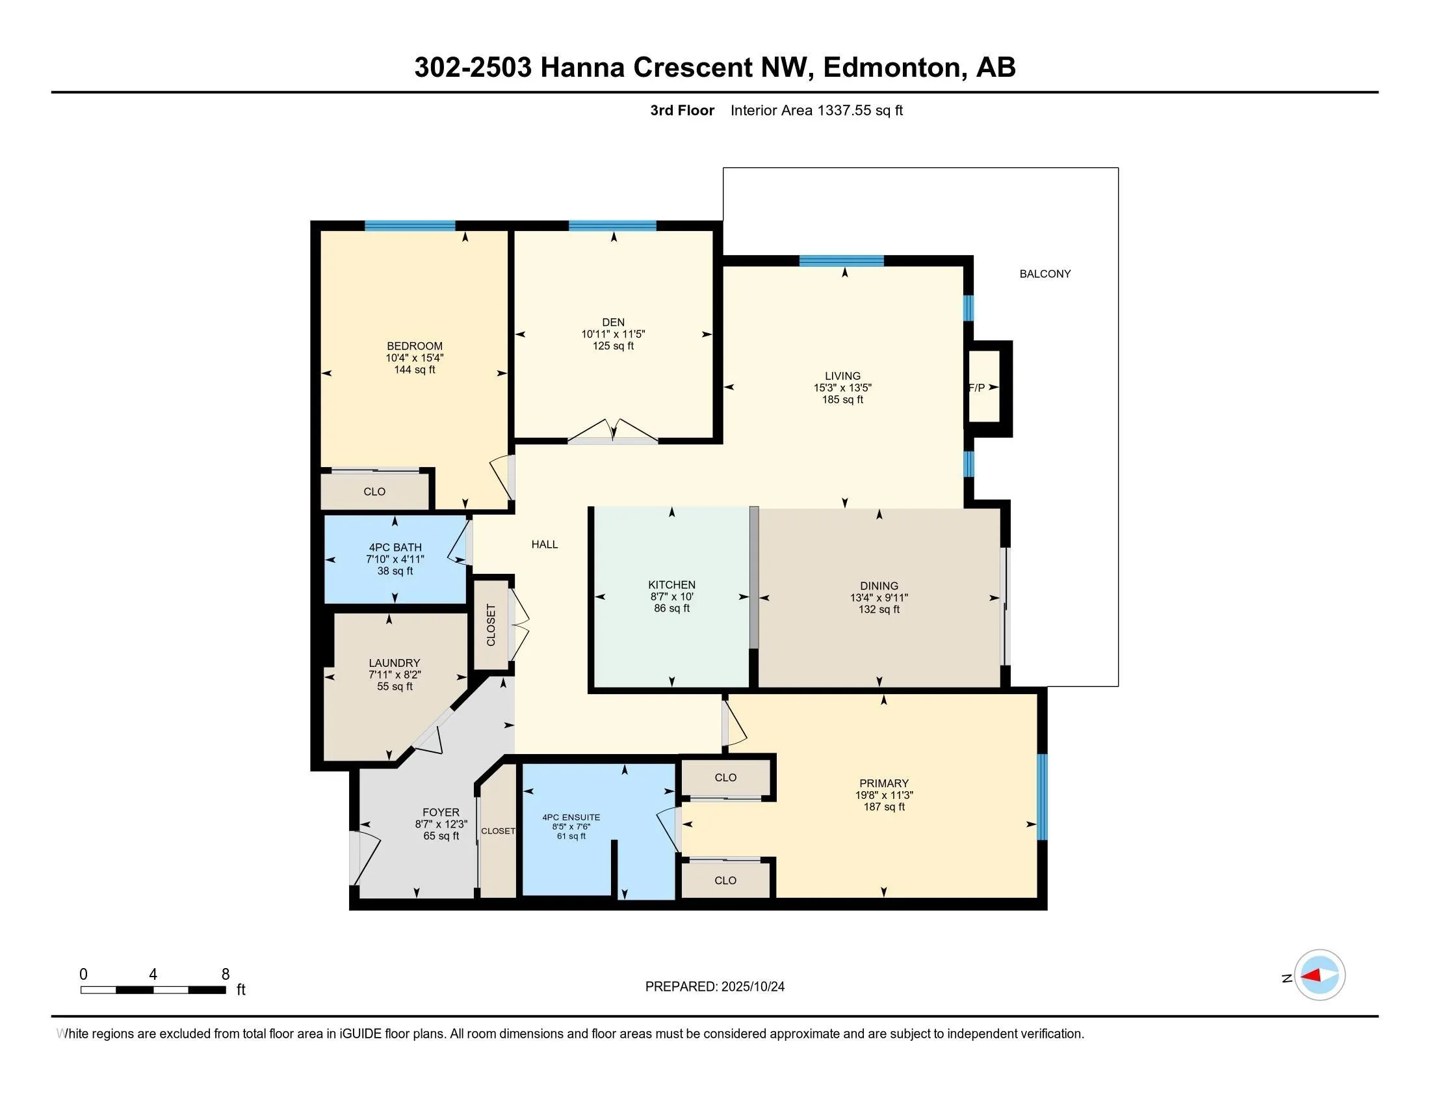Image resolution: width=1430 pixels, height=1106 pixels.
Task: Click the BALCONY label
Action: point(1045,274)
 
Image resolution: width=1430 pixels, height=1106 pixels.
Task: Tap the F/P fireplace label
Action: point(976,388)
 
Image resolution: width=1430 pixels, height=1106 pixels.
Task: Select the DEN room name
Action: point(613,321)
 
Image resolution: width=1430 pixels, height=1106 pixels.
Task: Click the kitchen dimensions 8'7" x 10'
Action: point(671,597)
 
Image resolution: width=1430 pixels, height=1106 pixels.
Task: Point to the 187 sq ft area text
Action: point(883,807)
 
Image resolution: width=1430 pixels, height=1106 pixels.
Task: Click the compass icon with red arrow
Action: point(1319,976)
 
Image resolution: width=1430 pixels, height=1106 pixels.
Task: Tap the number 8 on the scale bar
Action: point(226,975)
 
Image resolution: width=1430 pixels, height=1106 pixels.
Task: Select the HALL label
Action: point(544,545)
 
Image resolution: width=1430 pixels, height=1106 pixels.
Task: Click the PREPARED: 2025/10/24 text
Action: point(714,987)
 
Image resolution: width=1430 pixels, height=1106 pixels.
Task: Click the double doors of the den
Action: point(613,433)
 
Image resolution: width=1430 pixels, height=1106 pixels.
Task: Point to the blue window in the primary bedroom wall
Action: point(1042,797)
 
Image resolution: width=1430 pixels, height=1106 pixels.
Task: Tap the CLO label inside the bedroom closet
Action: point(374,492)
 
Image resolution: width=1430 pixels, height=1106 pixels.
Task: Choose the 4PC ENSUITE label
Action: point(571,818)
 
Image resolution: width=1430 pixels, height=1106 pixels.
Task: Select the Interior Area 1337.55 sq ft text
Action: point(816,111)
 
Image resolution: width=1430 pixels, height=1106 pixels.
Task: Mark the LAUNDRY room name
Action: point(394,663)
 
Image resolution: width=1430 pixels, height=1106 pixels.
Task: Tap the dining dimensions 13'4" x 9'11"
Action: point(879,597)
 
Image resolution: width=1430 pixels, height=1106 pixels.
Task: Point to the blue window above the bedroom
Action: point(410,226)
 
